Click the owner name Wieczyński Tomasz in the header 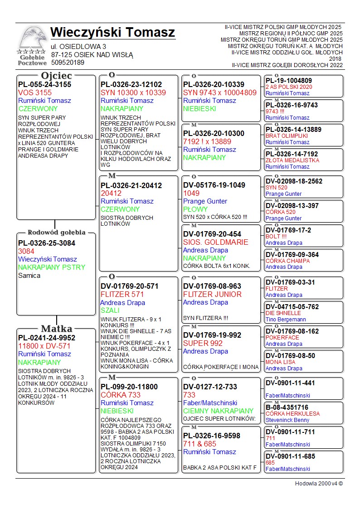tap(112, 33)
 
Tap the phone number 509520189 tap(68, 63)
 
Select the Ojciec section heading tap(56, 75)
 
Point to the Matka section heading tap(56, 329)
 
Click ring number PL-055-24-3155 tap(44, 84)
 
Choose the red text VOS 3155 tap(35, 92)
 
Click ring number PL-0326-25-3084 tap(47, 243)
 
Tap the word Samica tap(29, 275)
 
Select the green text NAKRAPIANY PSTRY tap(52, 267)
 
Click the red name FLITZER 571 tap(122, 294)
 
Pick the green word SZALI tap(110, 310)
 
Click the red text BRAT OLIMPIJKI tap(287, 136)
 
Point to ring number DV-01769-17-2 tap(288, 230)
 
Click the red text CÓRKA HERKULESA tap(292, 413)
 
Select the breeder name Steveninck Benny tap(287, 420)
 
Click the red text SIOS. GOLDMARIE tap(216, 242)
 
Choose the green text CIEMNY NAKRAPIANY tap(218, 411)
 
